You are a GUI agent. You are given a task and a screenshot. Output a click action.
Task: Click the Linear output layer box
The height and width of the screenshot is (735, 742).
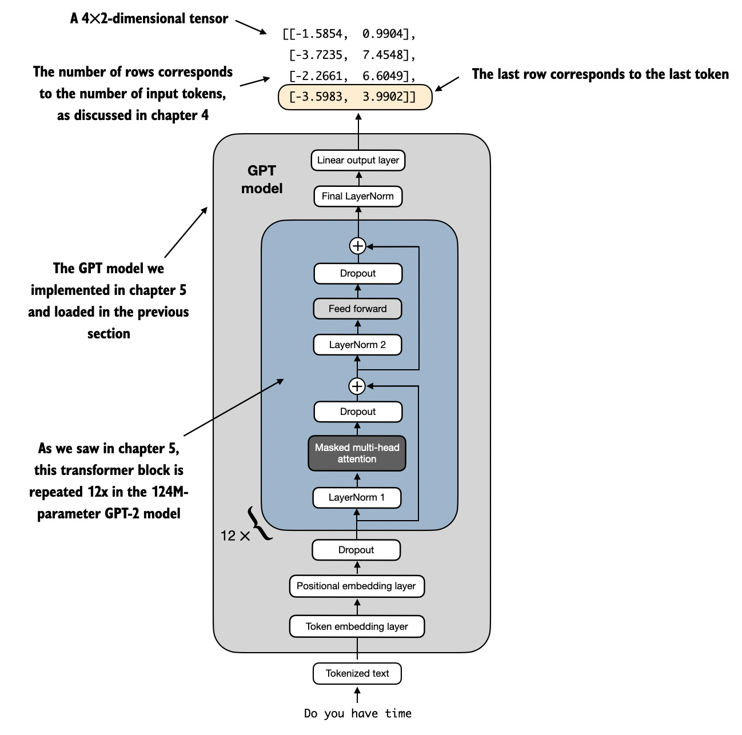pos(358,160)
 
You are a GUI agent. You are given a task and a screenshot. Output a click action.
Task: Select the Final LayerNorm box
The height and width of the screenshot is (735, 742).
pos(358,196)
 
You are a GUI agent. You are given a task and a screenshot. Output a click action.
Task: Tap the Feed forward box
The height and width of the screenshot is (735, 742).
pos(358,309)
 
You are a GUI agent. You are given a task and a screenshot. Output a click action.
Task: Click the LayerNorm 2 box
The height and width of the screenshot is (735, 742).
pos(358,345)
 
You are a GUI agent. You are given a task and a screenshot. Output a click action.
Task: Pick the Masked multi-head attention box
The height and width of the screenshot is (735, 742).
pos(357,453)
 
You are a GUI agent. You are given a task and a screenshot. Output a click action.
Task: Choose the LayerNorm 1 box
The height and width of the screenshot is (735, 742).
pos(357,497)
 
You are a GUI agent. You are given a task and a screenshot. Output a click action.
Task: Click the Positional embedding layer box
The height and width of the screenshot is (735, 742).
pos(356,586)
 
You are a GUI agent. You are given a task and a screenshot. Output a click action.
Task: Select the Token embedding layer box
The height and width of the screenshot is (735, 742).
pos(357,626)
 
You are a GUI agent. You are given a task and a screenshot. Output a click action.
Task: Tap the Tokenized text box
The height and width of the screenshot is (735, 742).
pos(357,673)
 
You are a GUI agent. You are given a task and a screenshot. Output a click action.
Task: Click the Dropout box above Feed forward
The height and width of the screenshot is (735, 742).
pos(358,273)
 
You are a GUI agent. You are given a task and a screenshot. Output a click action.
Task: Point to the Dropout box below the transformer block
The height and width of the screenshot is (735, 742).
pos(356,550)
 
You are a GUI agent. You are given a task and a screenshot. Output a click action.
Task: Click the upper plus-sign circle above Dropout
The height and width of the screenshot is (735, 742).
pos(357,246)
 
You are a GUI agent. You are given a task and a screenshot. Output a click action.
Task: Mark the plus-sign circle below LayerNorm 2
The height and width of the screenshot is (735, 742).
pos(357,386)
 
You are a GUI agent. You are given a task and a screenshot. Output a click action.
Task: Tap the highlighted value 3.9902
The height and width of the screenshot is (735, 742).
pos(383,97)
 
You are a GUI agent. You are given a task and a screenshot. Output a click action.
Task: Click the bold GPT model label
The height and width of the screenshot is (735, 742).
pos(262,179)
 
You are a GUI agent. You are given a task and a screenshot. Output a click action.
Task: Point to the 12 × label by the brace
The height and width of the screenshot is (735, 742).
pos(235,536)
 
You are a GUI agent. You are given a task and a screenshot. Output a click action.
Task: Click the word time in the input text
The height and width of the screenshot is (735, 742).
pos(398,713)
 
